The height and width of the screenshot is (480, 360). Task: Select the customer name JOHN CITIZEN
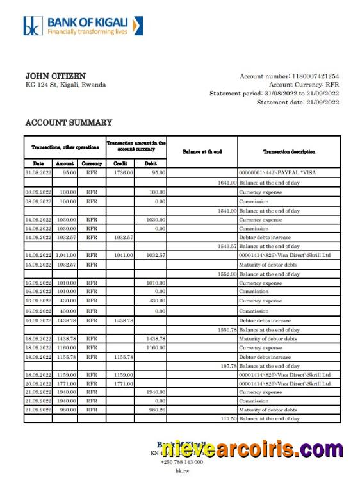click(x=55, y=76)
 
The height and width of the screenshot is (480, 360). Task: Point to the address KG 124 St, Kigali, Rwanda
click(x=65, y=85)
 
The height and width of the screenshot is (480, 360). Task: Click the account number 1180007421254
click(x=315, y=76)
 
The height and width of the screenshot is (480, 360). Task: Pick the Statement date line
click(x=297, y=103)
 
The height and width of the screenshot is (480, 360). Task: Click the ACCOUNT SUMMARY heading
click(x=69, y=122)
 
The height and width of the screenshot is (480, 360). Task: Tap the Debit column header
click(x=151, y=163)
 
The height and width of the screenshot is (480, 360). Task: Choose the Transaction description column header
click(x=289, y=152)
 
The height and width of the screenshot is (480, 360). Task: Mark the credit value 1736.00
click(x=123, y=172)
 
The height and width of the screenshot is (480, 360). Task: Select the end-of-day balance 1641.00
click(x=226, y=183)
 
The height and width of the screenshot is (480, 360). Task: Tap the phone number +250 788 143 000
click(x=181, y=461)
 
